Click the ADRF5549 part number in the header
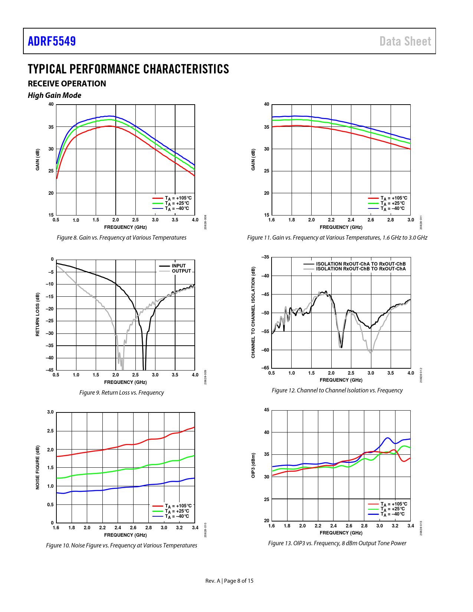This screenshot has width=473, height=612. pos(52,41)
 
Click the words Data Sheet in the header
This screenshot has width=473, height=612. pos(405,41)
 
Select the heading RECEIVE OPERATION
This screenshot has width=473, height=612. pos(67,84)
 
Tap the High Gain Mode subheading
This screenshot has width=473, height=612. pos(55,95)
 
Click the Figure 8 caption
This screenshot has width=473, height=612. pos(121,238)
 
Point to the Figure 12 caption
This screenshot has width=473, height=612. pos(337,391)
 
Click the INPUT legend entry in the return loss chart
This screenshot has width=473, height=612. pos(178,266)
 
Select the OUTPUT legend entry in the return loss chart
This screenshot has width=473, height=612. pos(181,271)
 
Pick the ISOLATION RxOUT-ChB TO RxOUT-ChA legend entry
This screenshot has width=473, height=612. pos(361,269)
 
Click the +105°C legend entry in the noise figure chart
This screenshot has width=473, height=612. pos(178,506)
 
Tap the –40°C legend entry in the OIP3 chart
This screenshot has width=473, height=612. pos(394,514)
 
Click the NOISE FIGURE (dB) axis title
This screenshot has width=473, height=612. pos(37,467)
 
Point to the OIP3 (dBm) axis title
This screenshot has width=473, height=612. pos(253,465)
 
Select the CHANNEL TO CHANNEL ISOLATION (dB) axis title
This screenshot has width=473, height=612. pos(253,312)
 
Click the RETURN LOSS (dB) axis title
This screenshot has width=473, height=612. pos(37,315)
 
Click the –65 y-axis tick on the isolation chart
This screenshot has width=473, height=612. pos(265,368)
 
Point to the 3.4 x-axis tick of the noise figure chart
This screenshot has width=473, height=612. pos(195,528)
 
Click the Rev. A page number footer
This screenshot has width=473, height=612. pos(229,581)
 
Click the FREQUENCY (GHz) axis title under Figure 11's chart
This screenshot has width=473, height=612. pos(341,227)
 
